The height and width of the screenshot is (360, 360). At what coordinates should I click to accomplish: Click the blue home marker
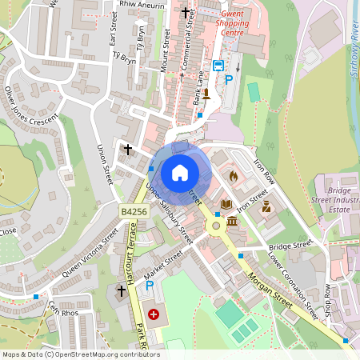point(180,172)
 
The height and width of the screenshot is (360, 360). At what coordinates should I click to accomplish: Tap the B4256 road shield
point(134,211)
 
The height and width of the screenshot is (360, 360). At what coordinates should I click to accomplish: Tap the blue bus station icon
point(218,66)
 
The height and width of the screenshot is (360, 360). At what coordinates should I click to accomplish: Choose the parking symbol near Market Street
point(149,285)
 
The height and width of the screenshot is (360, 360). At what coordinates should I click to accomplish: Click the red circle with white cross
point(153,315)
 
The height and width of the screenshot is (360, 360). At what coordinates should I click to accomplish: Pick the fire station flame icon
point(234,176)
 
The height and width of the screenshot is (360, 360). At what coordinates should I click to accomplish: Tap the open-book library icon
point(226,205)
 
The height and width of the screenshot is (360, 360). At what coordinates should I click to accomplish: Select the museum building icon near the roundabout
point(231,220)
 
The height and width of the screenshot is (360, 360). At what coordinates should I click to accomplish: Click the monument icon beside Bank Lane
point(206,94)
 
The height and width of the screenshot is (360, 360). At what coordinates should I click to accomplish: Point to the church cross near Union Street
point(127,149)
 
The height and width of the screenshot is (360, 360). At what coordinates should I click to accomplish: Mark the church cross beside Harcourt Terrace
point(122,292)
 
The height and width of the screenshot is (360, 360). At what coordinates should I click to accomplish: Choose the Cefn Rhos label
point(63,310)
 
